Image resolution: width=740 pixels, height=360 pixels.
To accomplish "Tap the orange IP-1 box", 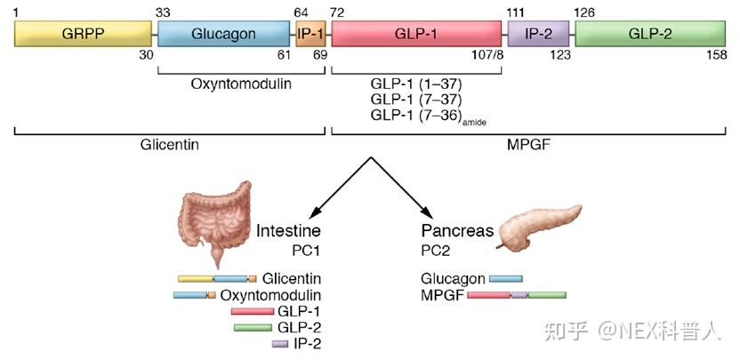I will point(310,34).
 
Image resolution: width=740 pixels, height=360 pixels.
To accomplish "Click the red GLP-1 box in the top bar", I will point(415,34).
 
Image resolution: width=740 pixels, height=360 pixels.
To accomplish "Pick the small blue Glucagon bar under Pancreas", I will point(505,278).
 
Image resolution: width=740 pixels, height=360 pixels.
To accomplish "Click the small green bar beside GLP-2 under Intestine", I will point(253,327).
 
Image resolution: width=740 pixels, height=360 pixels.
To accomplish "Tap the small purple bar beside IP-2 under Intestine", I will point(279,343).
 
